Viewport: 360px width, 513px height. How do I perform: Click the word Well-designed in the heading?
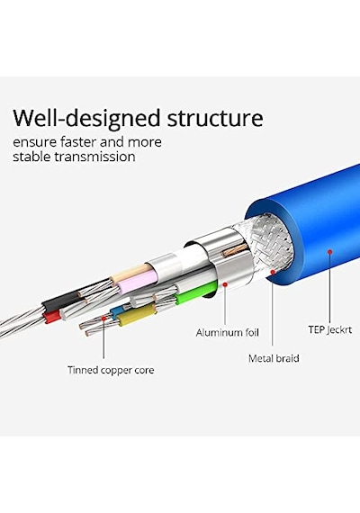point(86,119)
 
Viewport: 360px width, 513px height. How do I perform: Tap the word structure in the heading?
point(215,118)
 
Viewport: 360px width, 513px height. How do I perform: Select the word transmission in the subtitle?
point(94,157)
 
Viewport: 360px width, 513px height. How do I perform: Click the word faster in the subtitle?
point(78,142)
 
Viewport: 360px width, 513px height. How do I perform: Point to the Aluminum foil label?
point(228,333)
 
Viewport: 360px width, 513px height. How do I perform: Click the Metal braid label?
point(274,358)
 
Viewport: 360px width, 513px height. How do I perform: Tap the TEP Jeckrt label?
point(330,329)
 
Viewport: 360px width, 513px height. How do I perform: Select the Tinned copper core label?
point(111,370)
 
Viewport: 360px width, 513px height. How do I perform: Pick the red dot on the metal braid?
point(273,272)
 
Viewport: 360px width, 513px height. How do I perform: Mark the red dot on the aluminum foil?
point(225,284)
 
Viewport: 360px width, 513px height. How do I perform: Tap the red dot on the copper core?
point(103,318)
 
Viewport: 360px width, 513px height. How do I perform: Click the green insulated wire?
point(195,292)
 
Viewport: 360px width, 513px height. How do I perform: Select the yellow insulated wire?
point(137,315)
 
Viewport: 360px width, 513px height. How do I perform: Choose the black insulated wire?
point(61,300)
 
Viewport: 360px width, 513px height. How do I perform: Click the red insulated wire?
point(52,317)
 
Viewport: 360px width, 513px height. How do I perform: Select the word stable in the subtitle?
point(31,157)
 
